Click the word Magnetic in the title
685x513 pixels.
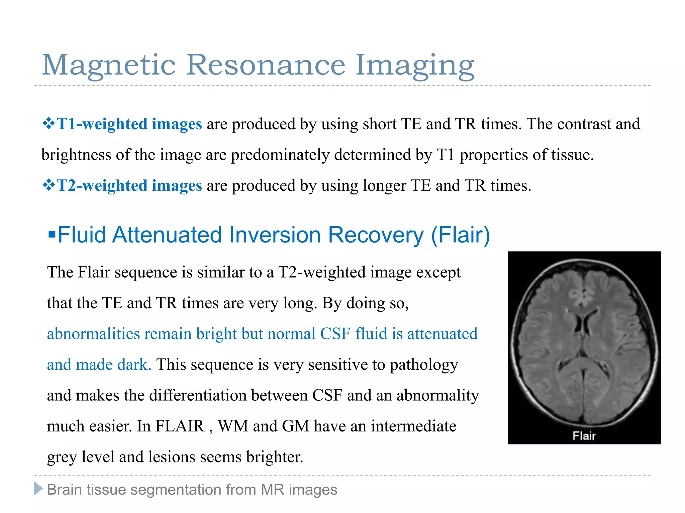[x=109, y=65]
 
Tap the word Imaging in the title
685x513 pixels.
[x=414, y=66]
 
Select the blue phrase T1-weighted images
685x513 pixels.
[x=129, y=124]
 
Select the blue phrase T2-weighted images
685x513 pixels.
[x=129, y=185]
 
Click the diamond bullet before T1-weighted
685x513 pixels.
[x=48, y=124]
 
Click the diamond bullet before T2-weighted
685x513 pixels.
[x=48, y=185]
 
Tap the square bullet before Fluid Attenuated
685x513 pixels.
[x=52, y=234]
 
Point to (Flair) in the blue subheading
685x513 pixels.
[x=460, y=235]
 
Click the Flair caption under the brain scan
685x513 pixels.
[x=584, y=436]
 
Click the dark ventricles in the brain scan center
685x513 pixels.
[x=583, y=324]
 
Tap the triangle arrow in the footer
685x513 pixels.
[x=38, y=489]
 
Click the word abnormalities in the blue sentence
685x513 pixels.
[x=93, y=334]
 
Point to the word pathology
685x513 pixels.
[x=424, y=365]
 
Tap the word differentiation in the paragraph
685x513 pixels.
[x=198, y=395]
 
